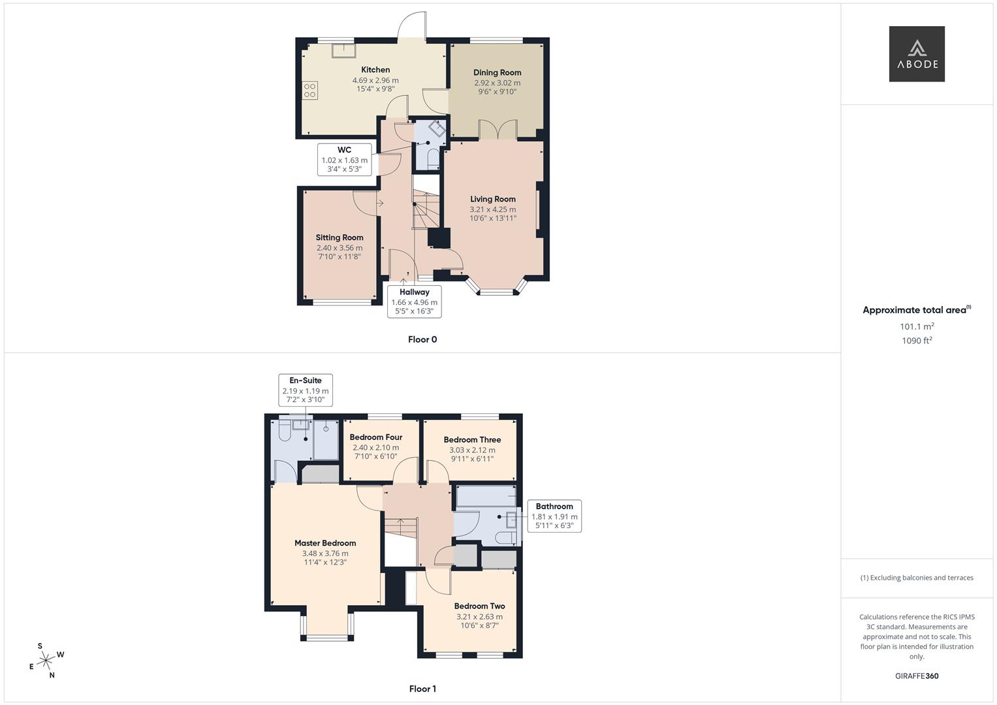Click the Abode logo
917,54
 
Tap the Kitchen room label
375,70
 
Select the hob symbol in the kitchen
309,91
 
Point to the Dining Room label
497,72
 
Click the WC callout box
344,159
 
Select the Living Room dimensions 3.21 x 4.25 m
492,210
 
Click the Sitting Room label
340,238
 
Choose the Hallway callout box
414,302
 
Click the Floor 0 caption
422,339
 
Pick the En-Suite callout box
306,390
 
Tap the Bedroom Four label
375,437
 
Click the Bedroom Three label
472,440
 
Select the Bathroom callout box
554,516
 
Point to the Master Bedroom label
325,543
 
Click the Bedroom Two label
479,606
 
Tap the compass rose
46,661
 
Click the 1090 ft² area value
917,341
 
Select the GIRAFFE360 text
917,676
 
